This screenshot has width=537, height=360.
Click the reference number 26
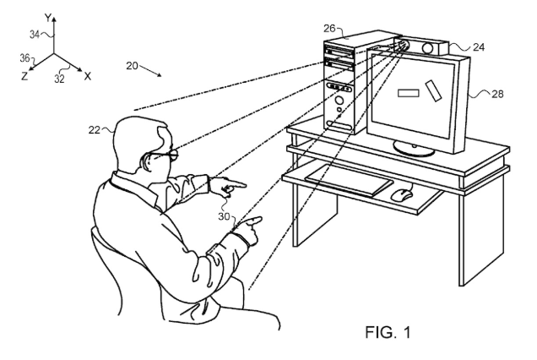coord(329,29)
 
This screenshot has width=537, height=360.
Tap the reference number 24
coord(479,47)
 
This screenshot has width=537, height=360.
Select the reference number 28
coord(497,94)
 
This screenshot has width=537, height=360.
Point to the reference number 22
coord(95,130)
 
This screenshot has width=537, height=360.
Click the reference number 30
coord(224,216)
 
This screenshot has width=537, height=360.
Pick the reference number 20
coord(132,65)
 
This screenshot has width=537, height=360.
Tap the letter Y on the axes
coord(48,18)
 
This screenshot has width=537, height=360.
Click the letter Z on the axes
coord(24,76)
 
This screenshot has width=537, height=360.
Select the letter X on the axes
coord(88,76)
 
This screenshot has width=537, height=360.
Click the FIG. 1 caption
coord(388,332)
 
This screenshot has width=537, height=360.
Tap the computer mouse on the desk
coord(401,194)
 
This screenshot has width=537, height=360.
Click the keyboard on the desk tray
coord(349,180)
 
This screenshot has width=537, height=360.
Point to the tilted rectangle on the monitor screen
coord(433,91)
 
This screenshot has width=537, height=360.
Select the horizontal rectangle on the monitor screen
coord(408,93)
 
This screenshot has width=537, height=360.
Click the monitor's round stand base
coord(414,148)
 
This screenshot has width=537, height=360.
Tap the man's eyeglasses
coord(165,155)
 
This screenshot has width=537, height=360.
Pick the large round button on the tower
coord(339,101)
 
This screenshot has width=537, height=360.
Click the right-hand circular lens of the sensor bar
coord(427,47)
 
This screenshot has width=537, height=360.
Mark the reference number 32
coord(59,79)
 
